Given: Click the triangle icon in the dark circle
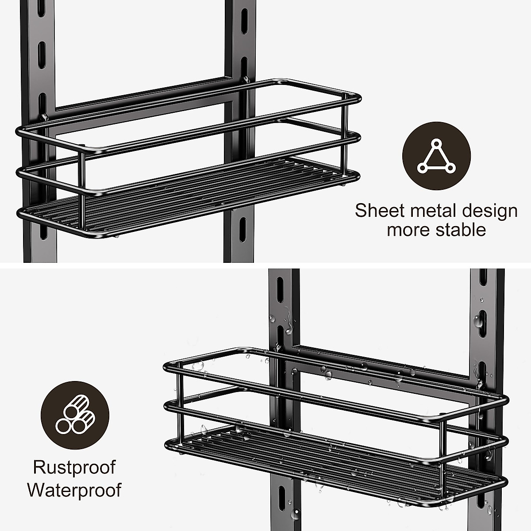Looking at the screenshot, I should (436, 157).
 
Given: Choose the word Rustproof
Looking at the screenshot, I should (74, 467).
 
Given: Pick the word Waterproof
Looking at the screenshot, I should (74, 490).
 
